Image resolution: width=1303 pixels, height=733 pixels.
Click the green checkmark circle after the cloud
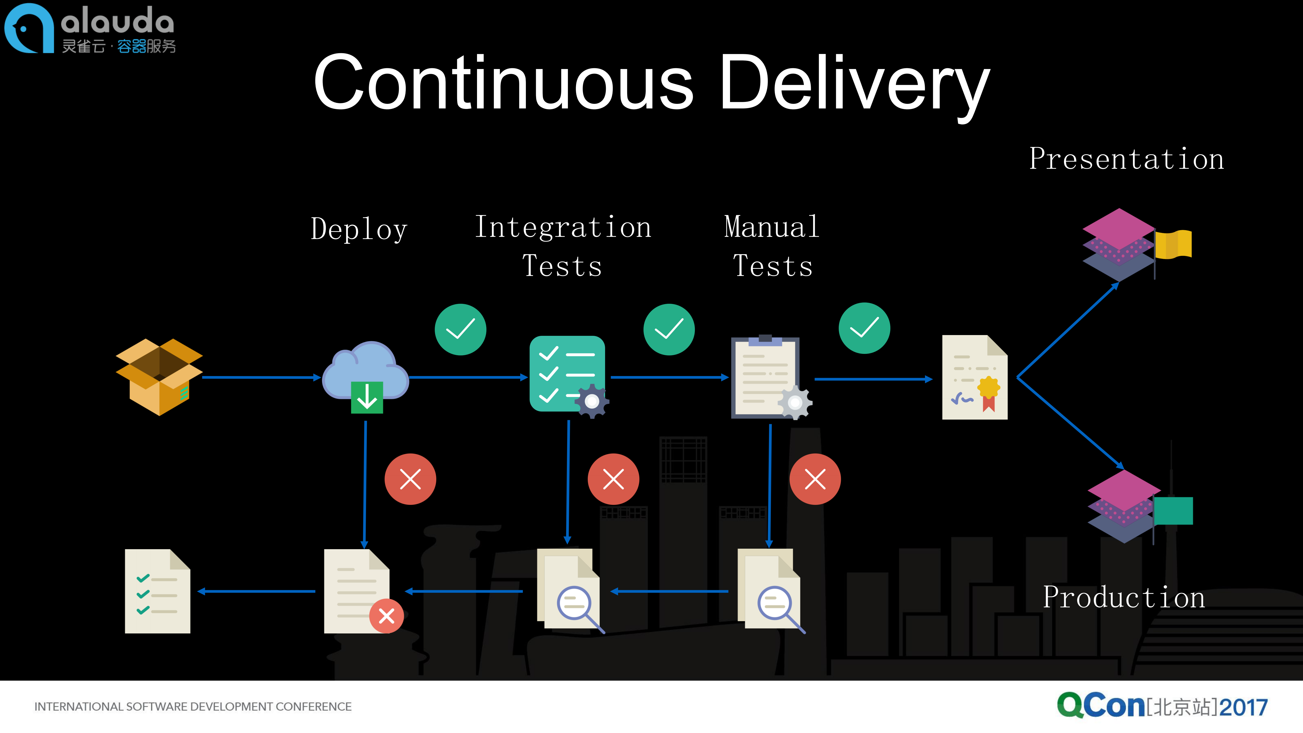[x=460, y=329]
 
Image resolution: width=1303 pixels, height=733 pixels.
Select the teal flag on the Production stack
[x=1173, y=511]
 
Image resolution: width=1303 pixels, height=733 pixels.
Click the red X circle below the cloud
[x=410, y=479]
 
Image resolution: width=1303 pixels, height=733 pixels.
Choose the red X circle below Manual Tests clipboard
[x=815, y=479]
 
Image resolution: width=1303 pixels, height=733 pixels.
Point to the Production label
[x=1124, y=598]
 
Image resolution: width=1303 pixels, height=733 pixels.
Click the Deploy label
[x=359, y=229]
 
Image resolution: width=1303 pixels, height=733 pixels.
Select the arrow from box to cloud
[x=260, y=377]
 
